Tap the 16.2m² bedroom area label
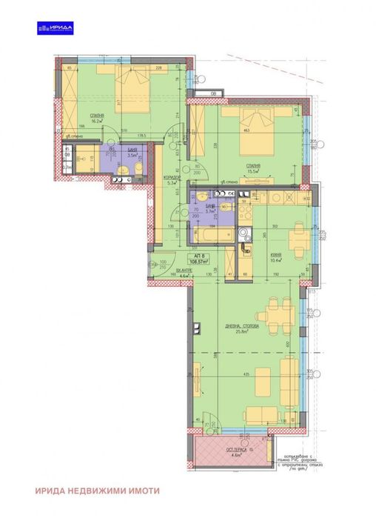coord(96,119)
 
